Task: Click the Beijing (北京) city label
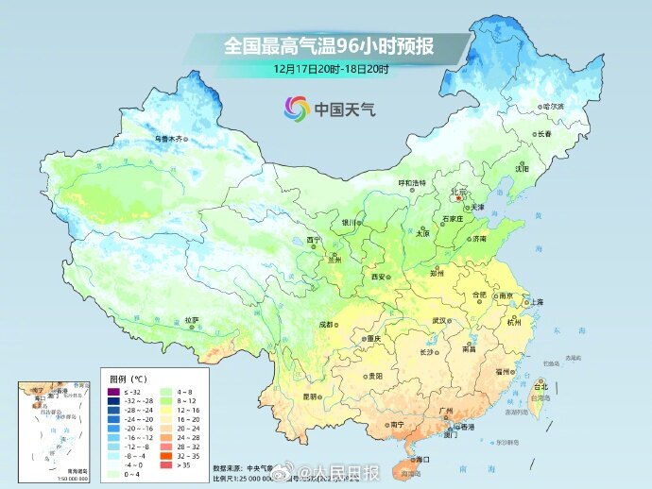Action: pos(459,191)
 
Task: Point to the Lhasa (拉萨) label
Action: pos(192,320)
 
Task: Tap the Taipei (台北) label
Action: pos(541,386)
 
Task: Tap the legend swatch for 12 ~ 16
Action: pos(166,411)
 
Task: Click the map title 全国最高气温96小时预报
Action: pos(334,44)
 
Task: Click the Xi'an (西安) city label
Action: pos(379,277)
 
